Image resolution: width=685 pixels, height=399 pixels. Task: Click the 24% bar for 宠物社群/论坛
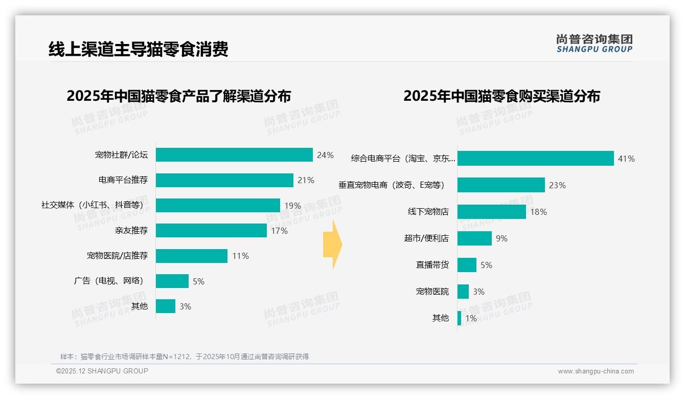click(234, 155)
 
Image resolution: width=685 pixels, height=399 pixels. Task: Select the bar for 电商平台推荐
click(224, 180)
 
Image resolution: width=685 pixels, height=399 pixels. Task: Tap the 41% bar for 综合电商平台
click(535, 159)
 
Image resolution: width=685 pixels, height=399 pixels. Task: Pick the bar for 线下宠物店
click(491, 212)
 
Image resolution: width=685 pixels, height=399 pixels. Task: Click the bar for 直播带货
click(467, 265)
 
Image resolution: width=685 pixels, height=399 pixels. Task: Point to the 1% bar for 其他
click(459, 318)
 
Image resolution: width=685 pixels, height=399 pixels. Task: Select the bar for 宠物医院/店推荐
click(192, 256)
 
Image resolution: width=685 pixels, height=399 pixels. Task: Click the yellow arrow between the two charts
click(332, 245)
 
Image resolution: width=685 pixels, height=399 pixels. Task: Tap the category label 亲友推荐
click(131, 231)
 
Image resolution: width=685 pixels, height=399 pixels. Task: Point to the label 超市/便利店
click(426, 238)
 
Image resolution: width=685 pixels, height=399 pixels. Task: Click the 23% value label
click(557, 185)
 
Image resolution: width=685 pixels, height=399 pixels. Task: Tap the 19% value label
click(292, 206)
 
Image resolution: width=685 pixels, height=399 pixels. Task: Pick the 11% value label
click(240, 256)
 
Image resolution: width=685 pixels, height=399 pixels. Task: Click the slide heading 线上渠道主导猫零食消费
click(138, 49)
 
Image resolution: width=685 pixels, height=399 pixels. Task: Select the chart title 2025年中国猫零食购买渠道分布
click(501, 96)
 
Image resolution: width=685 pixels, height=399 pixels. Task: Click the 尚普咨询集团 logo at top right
click(594, 43)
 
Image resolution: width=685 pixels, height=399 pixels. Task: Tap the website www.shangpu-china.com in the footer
click(596, 371)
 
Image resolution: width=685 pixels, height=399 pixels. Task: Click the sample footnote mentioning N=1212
click(185, 357)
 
